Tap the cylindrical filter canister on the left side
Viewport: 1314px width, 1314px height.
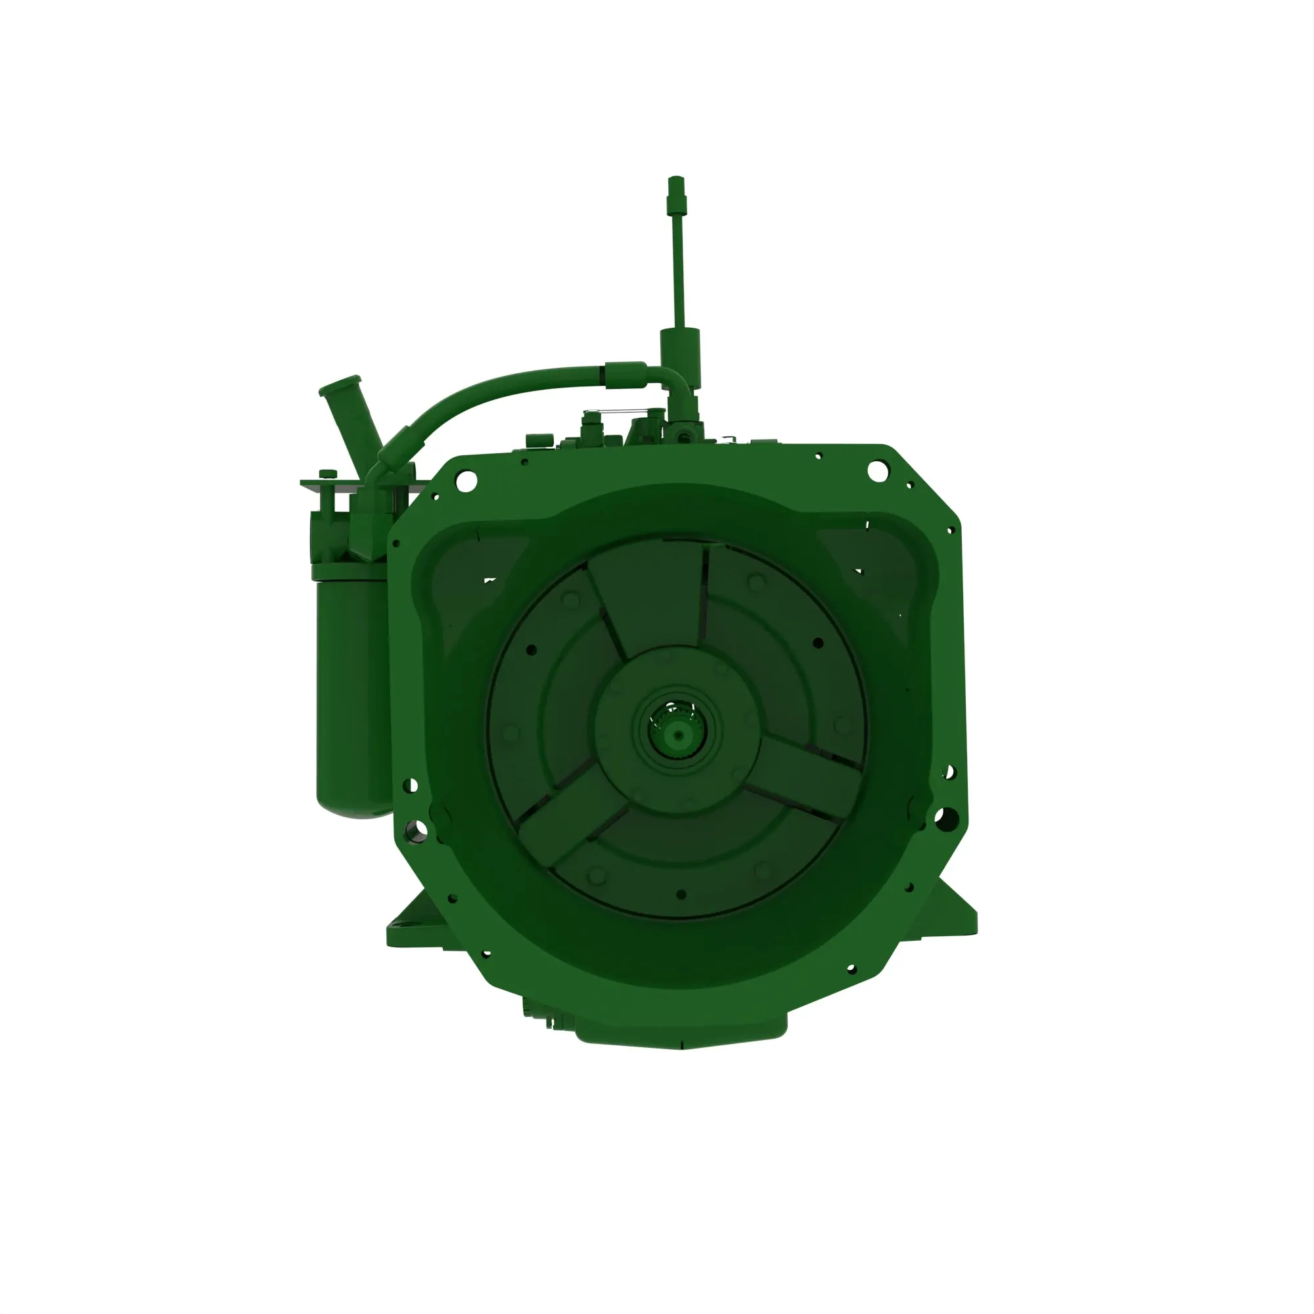352,694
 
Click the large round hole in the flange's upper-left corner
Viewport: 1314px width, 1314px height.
466,481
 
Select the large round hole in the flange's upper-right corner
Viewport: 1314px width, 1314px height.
877,470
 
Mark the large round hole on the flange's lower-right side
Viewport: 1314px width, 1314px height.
946,819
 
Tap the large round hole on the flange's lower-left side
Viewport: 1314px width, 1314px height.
417,829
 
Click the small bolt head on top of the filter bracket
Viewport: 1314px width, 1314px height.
328,473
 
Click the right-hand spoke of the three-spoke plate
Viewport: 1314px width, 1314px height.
809,775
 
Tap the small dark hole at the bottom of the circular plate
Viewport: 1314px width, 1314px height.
681,895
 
